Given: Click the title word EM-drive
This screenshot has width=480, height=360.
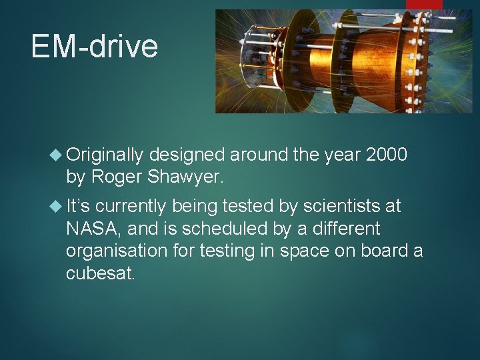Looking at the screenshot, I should pyautogui.click(x=94, y=47).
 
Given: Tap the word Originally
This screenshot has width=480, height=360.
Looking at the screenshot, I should pyautogui.click(x=105, y=155).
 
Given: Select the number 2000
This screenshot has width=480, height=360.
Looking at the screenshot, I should pyautogui.click(x=387, y=155).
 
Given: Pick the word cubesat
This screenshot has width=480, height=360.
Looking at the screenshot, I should pyautogui.click(x=100, y=273).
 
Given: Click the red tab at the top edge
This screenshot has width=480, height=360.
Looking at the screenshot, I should pyautogui.click(x=424, y=4).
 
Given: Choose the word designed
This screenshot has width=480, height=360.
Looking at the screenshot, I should pyautogui.click(x=187, y=155).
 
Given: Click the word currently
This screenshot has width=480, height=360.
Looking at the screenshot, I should pyautogui.click(x=131, y=207).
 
